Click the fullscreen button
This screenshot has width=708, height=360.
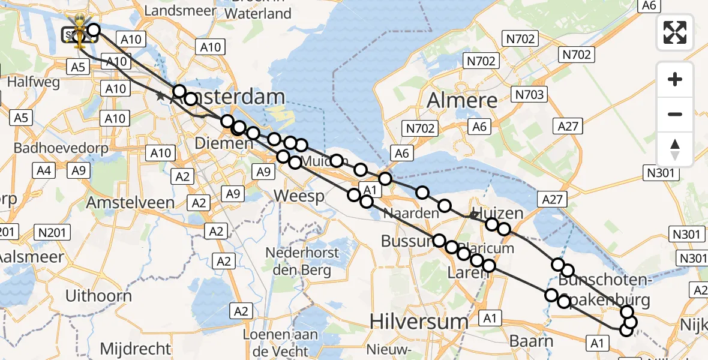(675, 32)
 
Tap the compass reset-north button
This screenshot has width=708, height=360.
(675, 149)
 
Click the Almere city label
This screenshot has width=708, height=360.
(462, 100)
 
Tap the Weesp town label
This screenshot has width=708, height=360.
(299, 196)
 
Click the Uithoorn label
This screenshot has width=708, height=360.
(98, 295)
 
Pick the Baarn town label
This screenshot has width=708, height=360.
(531, 341)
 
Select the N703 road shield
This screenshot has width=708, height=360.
(529, 94)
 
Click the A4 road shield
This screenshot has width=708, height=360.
(43, 171)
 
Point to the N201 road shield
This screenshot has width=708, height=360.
(53, 232)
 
